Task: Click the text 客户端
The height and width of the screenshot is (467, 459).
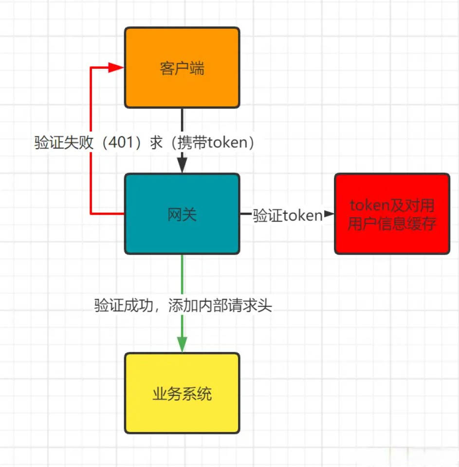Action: [182, 69]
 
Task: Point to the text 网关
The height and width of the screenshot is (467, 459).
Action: [182, 215]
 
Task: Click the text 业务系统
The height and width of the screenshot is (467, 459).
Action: [182, 393]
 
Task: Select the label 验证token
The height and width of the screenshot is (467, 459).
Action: [287, 215]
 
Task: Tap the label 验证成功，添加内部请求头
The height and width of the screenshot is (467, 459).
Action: [183, 305]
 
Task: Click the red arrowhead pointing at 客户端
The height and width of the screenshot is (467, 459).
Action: [116, 67]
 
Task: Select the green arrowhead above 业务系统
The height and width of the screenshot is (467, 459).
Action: [182, 344]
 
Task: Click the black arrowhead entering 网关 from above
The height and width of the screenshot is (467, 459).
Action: [182, 166]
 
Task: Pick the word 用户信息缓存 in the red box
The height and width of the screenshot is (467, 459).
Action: [392, 224]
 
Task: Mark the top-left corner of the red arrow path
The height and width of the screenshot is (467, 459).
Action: [91, 67]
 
